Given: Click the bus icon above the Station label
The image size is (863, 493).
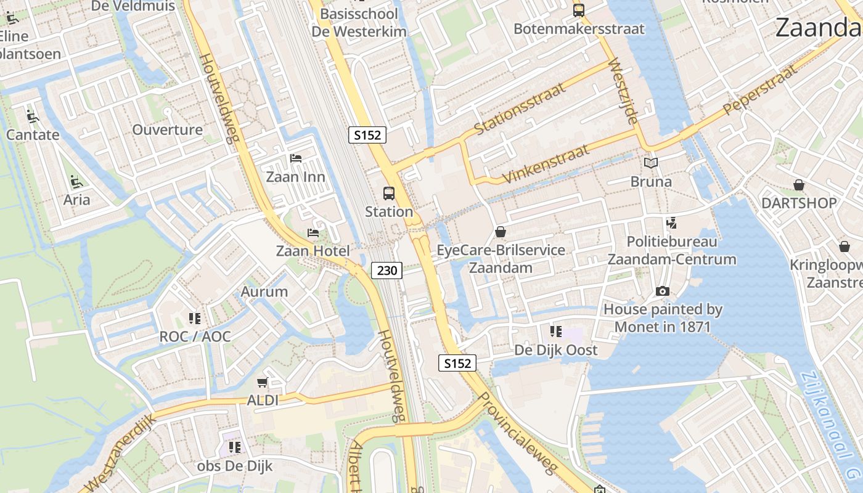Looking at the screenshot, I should click(389, 193).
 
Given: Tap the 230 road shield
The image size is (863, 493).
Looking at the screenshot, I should click(387, 270).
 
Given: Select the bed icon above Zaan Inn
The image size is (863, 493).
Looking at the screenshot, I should click(296, 158).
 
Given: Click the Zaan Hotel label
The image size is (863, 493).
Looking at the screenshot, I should click(313, 251).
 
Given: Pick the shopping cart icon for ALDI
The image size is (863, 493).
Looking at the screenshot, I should click(263, 383).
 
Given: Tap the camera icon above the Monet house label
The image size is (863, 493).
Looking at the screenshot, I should click(663, 291).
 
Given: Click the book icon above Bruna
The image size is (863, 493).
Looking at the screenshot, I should click(651, 163).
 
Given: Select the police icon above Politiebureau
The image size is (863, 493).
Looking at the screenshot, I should click(671, 223).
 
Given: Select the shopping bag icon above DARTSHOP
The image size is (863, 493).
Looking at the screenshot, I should click(799, 185).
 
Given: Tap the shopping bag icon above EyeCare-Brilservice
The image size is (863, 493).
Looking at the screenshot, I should click(501, 232).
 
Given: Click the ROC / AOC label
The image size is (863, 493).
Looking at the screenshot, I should click(195, 336).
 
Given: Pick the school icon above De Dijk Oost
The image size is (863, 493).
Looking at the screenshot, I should click(556, 332).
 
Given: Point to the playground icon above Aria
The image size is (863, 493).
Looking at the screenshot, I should click(76, 182).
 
